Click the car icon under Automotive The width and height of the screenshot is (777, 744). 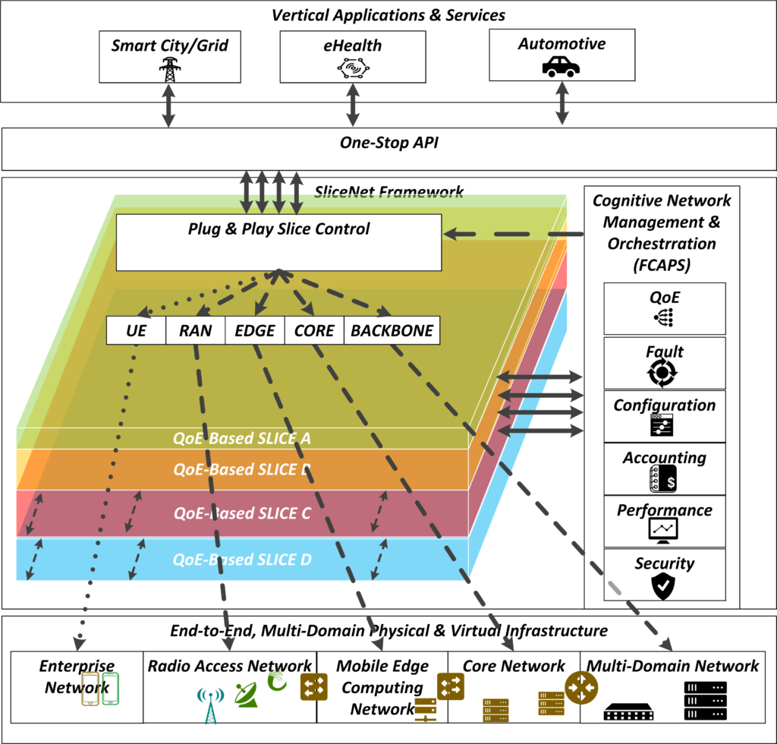pos(561,68)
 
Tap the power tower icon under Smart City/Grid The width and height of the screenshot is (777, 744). pos(169,70)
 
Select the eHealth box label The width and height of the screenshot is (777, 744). pos(352,46)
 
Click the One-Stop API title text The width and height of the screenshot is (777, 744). pos(388,143)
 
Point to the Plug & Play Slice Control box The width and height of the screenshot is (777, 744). pos(278,241)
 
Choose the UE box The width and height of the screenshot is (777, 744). pos(136,330)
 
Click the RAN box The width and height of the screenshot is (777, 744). pos(195,330)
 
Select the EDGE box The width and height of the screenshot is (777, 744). pos(254,330)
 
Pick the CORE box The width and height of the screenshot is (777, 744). pos(314,330)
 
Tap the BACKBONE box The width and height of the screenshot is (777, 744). pos(392,330)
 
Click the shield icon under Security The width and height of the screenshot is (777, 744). pos(663,586)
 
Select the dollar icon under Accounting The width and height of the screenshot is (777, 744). pos(663,479)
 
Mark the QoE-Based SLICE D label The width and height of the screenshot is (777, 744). pos(242,561)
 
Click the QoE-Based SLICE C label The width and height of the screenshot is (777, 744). pos(242,512)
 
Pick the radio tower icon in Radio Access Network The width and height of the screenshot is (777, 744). pos(209,705)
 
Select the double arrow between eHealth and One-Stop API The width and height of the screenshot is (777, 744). pos(352,105)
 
